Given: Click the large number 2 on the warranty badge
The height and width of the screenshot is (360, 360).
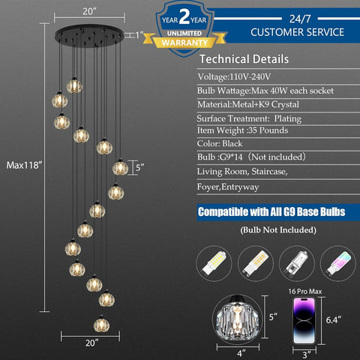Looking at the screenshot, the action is (x=184, y=17).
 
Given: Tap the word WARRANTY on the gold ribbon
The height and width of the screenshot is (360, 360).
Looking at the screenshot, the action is (x=184, y=43).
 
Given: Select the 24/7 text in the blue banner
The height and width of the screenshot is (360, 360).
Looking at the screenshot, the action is (x=300, y=19).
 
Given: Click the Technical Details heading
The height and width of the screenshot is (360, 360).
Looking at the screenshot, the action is (x=244, y=59).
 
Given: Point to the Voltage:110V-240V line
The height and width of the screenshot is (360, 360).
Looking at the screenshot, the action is (x=234, y=76).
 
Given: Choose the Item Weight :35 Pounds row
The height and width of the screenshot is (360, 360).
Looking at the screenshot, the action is (x=242, y=130).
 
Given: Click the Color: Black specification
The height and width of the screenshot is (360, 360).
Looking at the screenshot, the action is (x=220, y=144).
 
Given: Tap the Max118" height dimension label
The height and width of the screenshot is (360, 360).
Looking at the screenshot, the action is (x=24, y=165).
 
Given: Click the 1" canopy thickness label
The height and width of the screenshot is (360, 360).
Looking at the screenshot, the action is (x=139, y=34).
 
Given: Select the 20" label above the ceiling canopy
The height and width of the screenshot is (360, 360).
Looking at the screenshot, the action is (x=89, y=11).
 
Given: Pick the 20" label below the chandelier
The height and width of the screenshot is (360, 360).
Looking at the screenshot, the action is (x=91, y=343).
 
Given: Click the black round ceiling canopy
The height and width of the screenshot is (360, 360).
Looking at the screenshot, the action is (x=89, y=35).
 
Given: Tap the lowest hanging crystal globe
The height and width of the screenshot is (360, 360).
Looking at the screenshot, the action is (x=101, y=325).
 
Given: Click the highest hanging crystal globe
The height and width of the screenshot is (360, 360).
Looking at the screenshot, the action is (x=74, y=85).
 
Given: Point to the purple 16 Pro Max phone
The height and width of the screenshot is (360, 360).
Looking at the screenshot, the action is (x=304, y=321).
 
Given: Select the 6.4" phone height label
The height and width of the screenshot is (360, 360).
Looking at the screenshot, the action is (x=334, y=319).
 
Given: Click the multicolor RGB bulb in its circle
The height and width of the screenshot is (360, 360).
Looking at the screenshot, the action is (x=338, y=263).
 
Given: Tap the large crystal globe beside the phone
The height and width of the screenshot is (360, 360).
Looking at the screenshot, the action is (x=237, y=317).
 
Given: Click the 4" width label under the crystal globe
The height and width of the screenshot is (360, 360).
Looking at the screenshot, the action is (x=241, y=353).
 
